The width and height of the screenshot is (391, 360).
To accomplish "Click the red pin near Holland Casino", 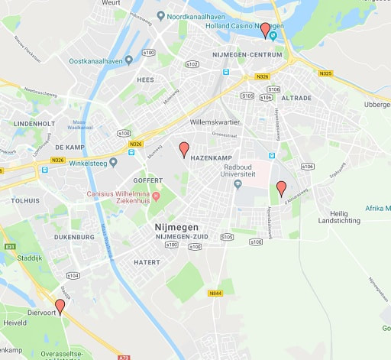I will click(x=265, y=30).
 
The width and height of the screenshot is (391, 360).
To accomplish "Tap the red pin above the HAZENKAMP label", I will click(x=183, y=149).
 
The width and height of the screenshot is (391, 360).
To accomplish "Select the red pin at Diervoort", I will click(x=60, y=306).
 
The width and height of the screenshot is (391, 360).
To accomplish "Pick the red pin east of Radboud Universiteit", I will click(x=281, y=187).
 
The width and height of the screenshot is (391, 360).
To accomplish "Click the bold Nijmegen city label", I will click(x=176, y=228).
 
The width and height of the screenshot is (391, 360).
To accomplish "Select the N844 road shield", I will click(x=215, y=292).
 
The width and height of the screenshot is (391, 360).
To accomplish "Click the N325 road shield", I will click(x=326, y=73).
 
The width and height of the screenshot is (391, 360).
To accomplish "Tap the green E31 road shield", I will click(x=10, y=246).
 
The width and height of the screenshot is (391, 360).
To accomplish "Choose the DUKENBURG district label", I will click(x=74, y=237).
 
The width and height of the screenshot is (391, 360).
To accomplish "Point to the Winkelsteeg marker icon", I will click(x=113, y=161).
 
